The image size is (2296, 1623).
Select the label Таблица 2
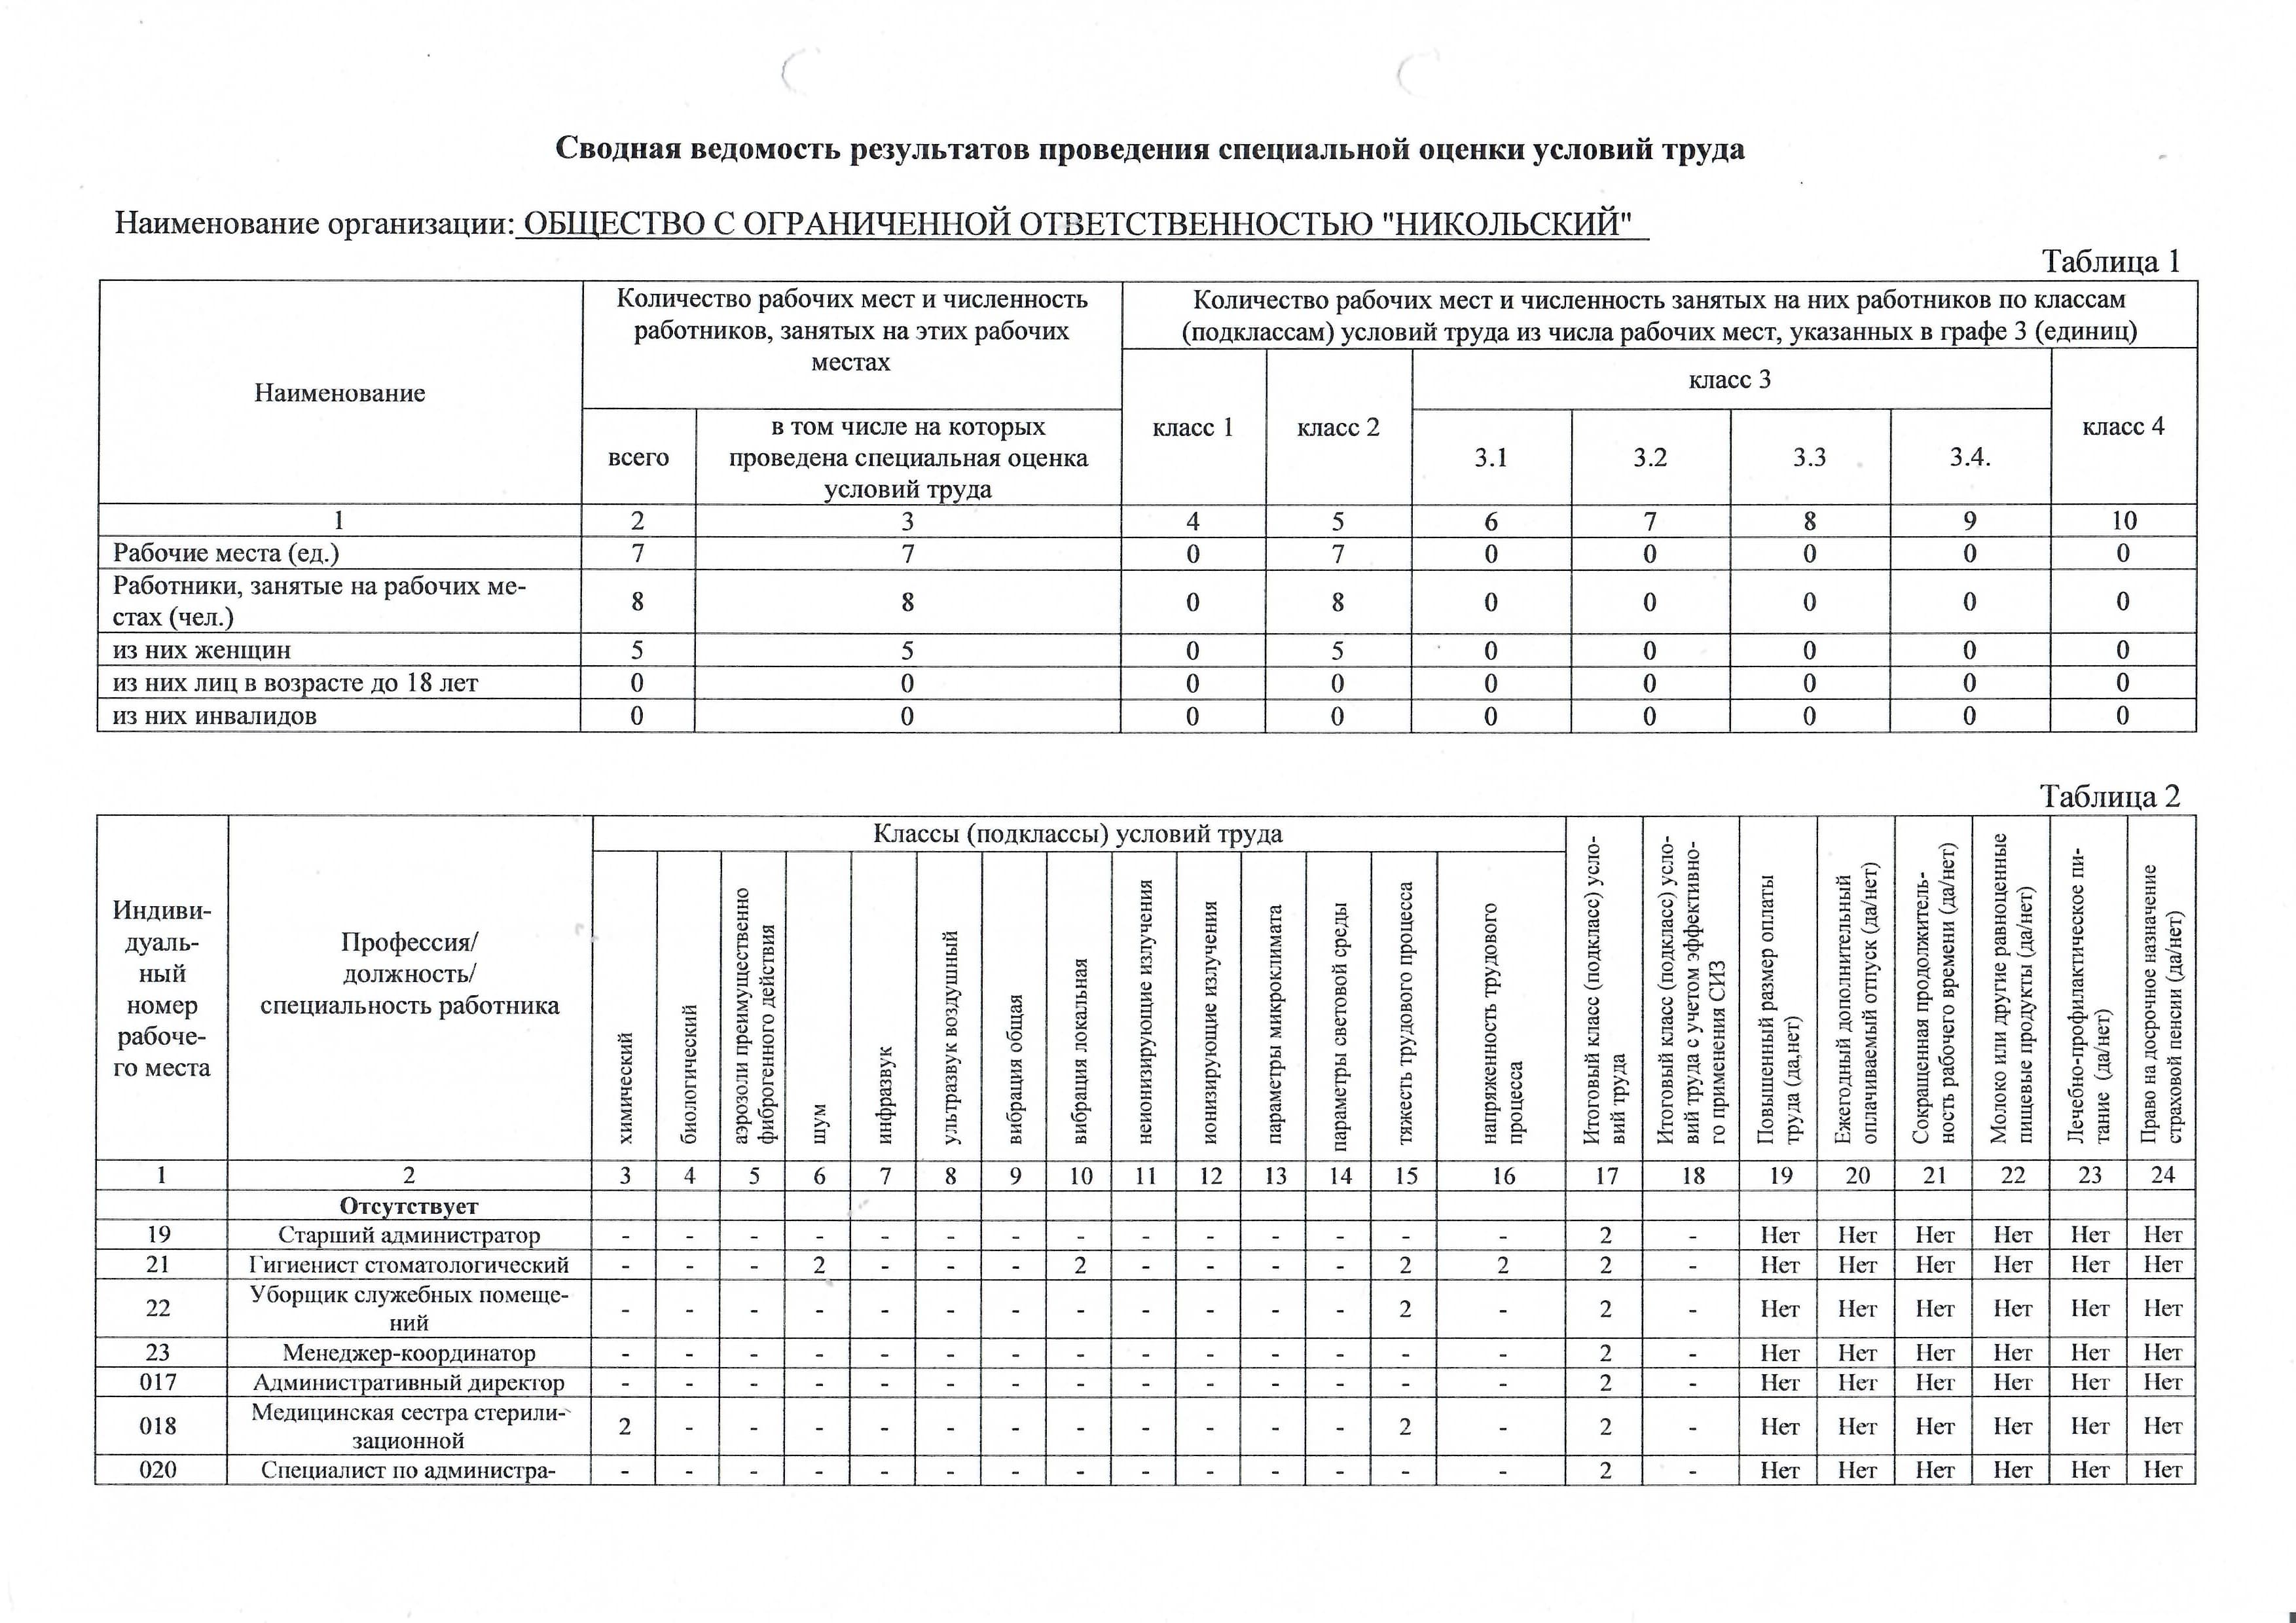(x=2109, y=796)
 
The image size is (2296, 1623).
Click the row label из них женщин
(x=202, y=650)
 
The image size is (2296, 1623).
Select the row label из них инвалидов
(x=215, y=716)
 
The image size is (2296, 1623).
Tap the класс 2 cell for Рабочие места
(x=1338, y=553)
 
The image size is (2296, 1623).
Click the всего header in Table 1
(x=638, y=457)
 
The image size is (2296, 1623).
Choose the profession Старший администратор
(x=409, y=1235)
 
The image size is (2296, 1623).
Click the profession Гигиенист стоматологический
(x=409, y=1265)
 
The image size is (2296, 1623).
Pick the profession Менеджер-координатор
(x=409, y=1353)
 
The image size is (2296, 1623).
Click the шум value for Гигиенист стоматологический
(x=819, y=1265)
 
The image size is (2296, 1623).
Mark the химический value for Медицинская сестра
(x=624, y=1426)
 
